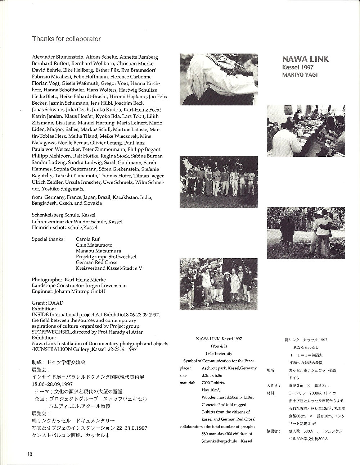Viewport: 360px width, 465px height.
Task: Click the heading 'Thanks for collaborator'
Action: click(67, 38)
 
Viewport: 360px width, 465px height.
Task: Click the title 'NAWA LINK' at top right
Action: click(305, 59)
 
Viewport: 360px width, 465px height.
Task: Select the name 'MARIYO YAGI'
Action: click(300, 75)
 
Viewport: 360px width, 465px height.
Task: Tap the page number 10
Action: click(30, 454)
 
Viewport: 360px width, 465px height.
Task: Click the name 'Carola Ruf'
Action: click(88, 239)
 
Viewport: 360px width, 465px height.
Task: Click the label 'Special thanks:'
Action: click(48, 239)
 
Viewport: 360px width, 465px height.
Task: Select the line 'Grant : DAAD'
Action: click(48, 303)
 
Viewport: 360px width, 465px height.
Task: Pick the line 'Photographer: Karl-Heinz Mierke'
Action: click(69, 280)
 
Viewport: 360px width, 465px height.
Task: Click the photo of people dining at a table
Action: click(306, 126)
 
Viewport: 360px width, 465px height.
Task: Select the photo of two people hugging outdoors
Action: click(306, 228)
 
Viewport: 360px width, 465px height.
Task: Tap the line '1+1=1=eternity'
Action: click(219, 354)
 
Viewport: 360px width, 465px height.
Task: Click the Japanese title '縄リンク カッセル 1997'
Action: click(306, 340)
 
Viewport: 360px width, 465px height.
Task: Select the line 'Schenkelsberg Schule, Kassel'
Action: click(64, 215)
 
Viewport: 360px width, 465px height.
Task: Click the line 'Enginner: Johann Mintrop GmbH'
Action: click(68, 291)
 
